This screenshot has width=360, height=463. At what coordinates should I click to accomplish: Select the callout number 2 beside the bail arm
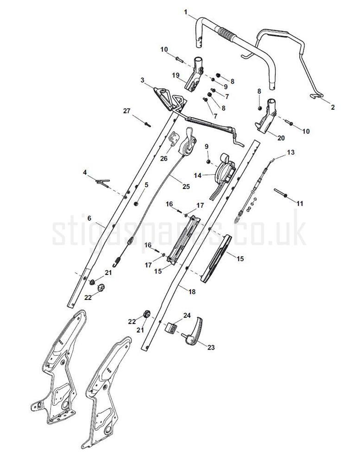(x=332, y=107)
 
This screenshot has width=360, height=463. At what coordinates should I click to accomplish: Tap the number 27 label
(x=127, y=111)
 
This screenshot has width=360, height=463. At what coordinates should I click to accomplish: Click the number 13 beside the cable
(x=291, y=152)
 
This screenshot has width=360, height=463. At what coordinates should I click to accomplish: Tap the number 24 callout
(x=187, y=315)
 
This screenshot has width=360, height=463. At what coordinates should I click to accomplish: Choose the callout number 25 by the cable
(x=186, y=187)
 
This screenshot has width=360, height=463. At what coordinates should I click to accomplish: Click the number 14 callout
(x=198, y=175)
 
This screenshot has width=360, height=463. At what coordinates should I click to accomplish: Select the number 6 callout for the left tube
(x=89, y=218)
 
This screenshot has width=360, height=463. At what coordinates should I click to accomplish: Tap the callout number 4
(x=85, y=173)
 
